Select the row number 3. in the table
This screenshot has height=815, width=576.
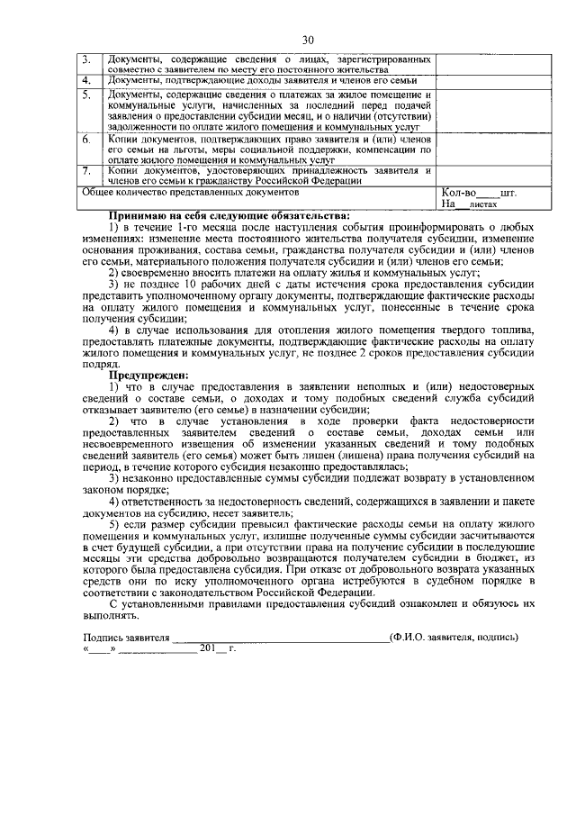coord(87,59)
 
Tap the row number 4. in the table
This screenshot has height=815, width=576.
coord(87,81)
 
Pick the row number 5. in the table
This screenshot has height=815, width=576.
coord(87,94)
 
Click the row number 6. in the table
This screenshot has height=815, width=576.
coord(87,140)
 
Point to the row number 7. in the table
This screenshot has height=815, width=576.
coord(87,169)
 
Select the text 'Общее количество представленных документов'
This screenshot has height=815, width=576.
coord(190,193)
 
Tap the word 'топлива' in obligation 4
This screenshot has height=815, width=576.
coord(517,330)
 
